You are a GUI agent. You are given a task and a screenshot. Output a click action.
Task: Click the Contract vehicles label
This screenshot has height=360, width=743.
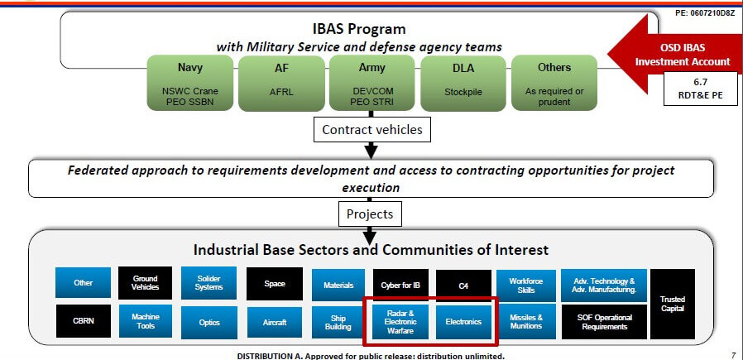click(371, 129)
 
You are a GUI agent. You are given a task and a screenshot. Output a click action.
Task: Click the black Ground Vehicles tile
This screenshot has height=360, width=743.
click(145, 283)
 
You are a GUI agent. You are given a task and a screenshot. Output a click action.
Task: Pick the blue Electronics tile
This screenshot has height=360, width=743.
click(463, 320)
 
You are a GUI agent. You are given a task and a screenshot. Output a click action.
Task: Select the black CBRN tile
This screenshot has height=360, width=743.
click(83, 320)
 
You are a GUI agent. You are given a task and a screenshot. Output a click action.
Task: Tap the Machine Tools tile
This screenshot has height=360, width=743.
click(145, 320)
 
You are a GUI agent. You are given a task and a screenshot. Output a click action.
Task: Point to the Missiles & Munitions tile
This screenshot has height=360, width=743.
click(526, 320)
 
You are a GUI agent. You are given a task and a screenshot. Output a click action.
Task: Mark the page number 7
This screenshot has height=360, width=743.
click(732, 355)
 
